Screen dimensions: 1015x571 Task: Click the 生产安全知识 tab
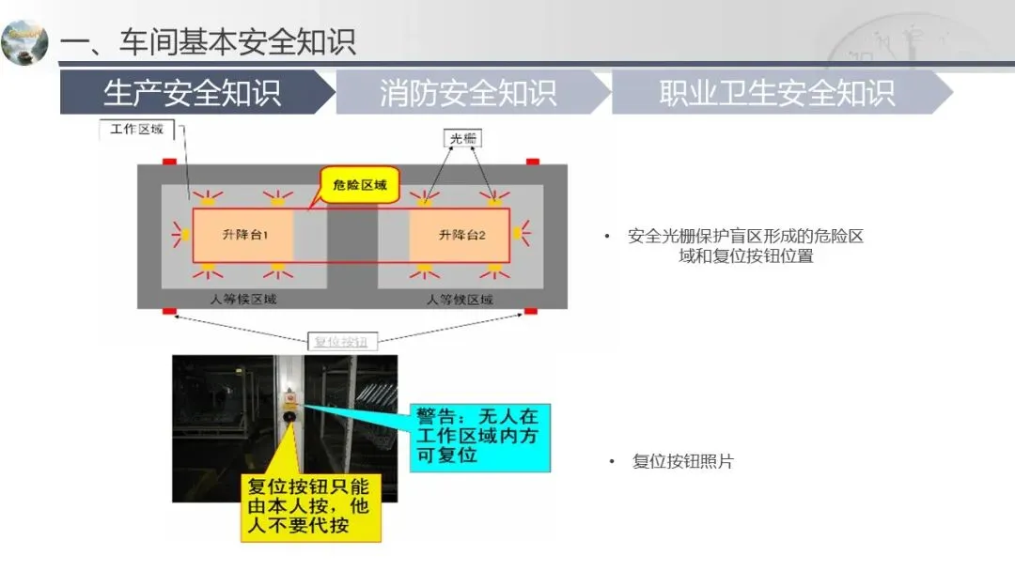click(195, 92)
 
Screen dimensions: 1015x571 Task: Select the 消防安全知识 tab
click(469, 92)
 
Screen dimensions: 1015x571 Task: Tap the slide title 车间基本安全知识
click(238, 41)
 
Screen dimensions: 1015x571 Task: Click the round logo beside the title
click(24, 42)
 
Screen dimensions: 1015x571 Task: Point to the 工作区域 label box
click(136, 130)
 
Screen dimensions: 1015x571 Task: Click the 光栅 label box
click(462, 138)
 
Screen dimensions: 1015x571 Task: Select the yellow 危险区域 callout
click(360, 185)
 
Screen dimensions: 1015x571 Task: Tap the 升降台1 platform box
click(243, 235)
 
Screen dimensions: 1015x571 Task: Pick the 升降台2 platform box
click(460, 235)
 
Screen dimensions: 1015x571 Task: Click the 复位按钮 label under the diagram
click(341, 342)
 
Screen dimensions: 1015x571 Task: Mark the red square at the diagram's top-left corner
click(169, 162)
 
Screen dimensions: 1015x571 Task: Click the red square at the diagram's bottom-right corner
click(531, 311)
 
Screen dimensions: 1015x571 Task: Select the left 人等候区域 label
click(243, 300)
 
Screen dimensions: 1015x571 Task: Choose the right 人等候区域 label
click(460, 300)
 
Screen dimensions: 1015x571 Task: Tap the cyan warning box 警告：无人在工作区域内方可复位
click(479, 438)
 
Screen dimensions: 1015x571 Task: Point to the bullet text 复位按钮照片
click(683, 462)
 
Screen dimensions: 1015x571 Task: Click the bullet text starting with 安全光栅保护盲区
click(745, 246)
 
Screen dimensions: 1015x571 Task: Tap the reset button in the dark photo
click(289, 416)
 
